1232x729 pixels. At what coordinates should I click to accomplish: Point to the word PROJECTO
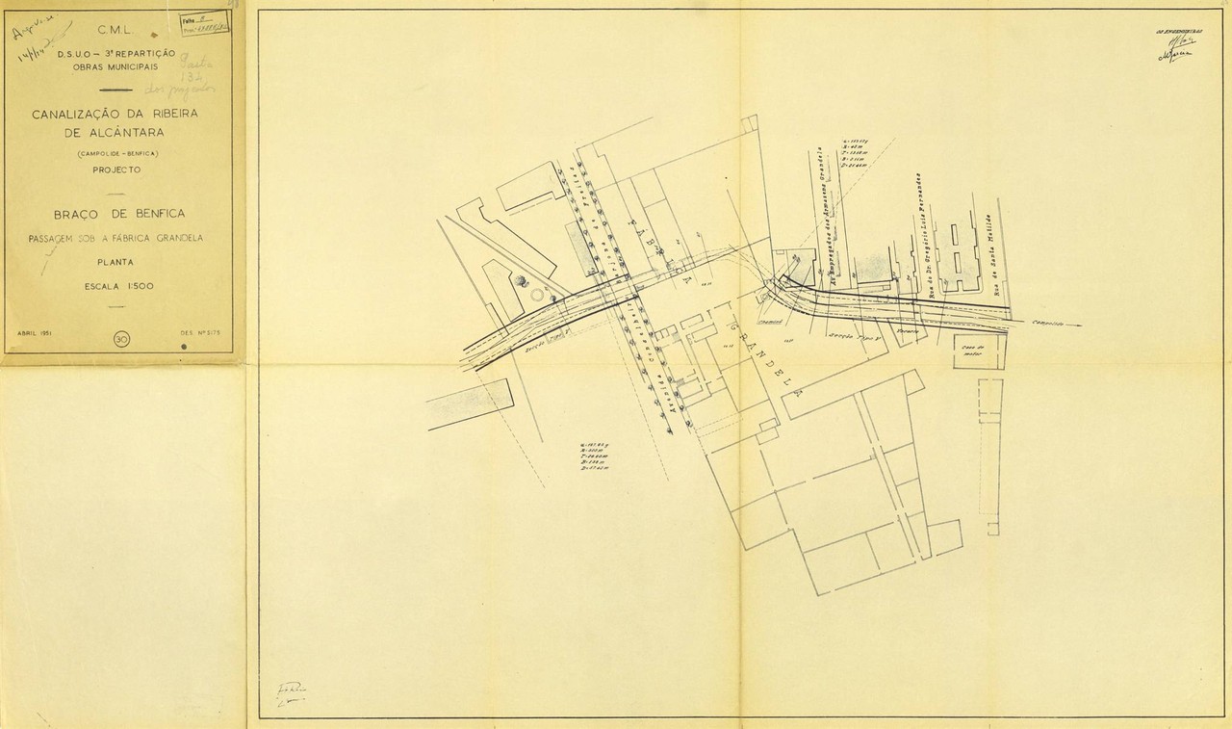116,169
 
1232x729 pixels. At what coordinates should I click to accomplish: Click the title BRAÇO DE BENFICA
121,215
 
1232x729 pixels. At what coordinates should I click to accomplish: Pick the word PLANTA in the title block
115,261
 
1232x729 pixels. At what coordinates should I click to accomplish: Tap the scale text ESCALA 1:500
118,286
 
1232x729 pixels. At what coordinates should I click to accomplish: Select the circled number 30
121,339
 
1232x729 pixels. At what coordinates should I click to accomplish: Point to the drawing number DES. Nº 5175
200,333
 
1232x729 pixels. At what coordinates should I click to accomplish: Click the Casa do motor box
976,351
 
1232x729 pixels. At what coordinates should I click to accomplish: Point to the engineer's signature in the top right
1176,48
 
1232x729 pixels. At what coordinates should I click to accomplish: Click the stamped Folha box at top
204,22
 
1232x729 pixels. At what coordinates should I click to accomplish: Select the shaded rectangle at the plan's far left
470,403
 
